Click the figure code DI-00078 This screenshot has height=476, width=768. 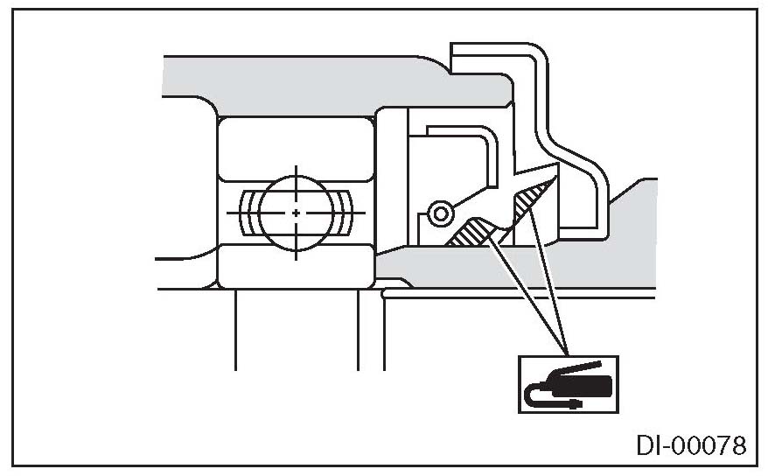point(690,447)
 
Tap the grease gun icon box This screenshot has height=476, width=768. point(567,383)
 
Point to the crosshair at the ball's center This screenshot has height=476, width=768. point(297,213)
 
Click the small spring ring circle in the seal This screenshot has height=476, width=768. point(441,213)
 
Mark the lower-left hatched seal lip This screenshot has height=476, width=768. point(473,232)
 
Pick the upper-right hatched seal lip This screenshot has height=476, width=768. point(533,200)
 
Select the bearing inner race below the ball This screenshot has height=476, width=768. point(297,266)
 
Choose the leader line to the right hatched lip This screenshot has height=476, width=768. point(549,280)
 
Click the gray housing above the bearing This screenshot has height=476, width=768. point(306,83)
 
